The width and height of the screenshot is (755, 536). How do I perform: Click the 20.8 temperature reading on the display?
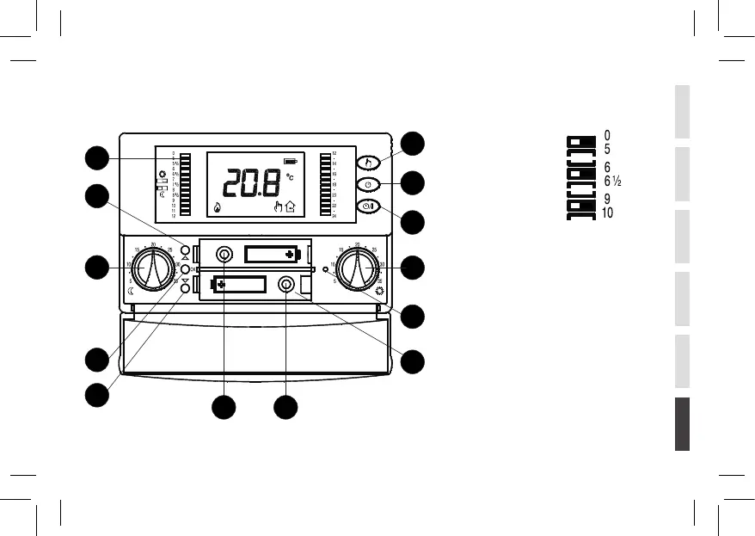coord(249,183)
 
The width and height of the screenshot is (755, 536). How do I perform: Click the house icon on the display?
coord(290,206)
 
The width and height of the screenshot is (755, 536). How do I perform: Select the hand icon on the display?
coord(277,206)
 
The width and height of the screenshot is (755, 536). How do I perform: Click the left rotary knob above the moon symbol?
coord(153,269)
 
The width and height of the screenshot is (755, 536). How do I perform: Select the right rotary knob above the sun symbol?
coord(356,270)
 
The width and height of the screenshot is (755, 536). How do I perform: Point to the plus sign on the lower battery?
coord(222,285)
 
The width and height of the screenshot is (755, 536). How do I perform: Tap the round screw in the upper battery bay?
coord(224,255)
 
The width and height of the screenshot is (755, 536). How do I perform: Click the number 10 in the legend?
coord(607,213)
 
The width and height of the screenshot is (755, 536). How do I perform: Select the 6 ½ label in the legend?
coord(612,181)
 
